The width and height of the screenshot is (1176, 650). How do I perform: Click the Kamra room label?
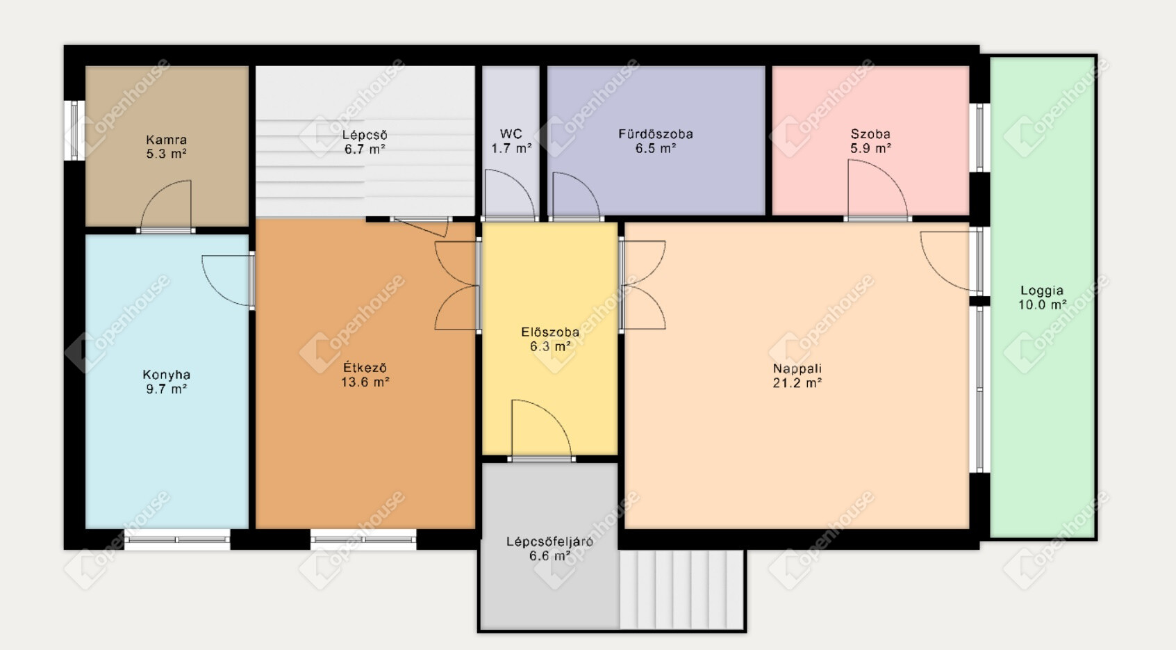(x=166, y=140)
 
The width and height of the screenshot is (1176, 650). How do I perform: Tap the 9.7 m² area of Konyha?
(x=167, y=389)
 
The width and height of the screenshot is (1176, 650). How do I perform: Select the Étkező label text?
(x=365, y=367)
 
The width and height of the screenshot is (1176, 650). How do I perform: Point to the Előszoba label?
(x=550, y=332)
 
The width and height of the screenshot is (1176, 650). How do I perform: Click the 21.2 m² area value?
(x=797, y=383)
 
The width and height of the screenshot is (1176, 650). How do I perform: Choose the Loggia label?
(x=1042, y=291)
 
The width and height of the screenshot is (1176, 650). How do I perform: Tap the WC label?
(x=511, y=134)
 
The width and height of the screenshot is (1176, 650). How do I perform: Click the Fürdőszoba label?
(x=656, y=134)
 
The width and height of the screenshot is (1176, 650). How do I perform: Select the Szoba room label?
(x=870, y=134)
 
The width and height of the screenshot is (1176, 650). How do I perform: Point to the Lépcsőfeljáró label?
(x=549, y=542)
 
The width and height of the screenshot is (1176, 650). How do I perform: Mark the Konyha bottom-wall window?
(x=177, y=539)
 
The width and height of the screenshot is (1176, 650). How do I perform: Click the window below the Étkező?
(x=363, y=539)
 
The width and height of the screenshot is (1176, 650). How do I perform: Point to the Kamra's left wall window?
(x=74, y=130)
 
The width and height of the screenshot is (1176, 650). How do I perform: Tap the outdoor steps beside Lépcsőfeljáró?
(x=681, y=589)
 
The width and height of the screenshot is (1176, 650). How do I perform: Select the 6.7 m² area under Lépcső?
(x=365, y=149)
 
